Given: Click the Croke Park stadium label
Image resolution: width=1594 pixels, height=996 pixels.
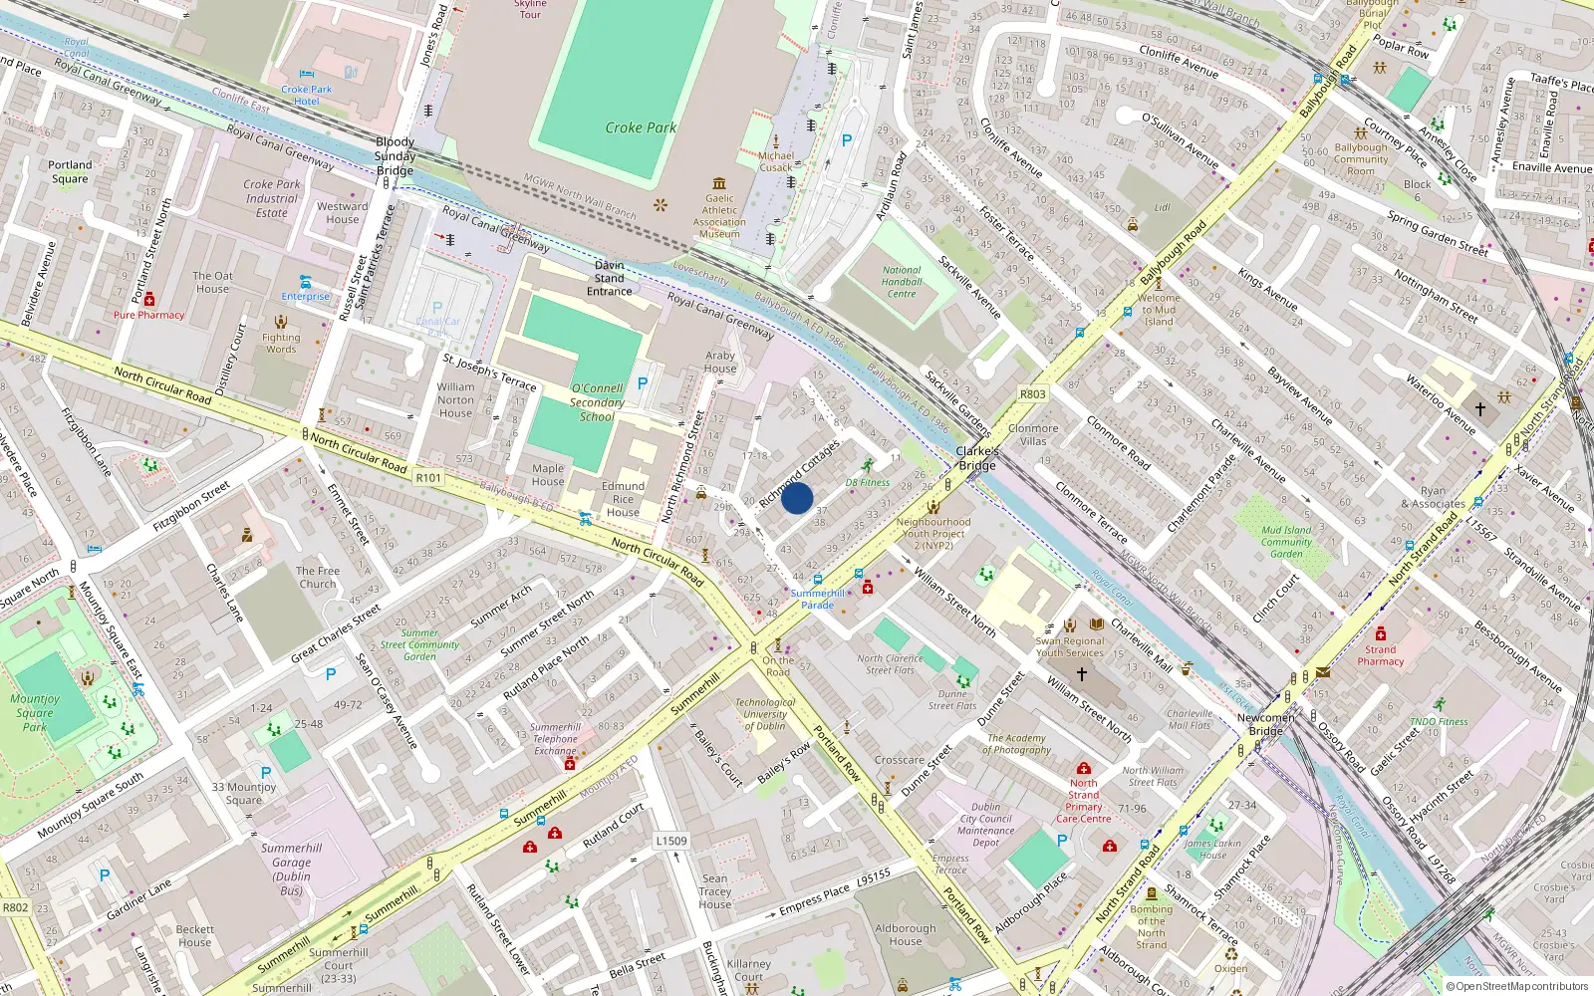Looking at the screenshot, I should point(641,127).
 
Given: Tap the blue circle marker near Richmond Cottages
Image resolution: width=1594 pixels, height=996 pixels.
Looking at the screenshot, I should point(797,498).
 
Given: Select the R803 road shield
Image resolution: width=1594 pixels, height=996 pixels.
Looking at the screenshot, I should point(1032,394).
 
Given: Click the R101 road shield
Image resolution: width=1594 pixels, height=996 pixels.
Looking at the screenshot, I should point(428,478).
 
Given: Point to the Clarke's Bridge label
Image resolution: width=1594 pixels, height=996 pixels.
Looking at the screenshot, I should point(976,458).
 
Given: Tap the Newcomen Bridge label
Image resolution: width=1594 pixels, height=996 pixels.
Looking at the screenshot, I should point(1266,724).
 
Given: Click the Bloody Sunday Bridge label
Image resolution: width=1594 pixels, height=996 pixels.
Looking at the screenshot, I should point(396,156).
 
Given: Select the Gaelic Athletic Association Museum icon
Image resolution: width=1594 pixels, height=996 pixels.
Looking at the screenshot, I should point(719,183).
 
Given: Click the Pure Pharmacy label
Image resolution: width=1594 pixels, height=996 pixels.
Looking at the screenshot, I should point(148,315).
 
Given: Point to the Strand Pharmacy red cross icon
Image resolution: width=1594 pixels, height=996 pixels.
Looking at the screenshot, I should point(1380,633).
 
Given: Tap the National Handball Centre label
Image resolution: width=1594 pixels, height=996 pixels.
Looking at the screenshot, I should point(902,282).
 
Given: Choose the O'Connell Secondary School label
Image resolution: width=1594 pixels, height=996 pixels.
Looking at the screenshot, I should point(597,402).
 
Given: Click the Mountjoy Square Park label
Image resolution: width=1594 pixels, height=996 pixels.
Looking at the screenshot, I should point(35,713).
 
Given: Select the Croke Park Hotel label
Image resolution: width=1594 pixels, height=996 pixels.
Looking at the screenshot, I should point(307,96).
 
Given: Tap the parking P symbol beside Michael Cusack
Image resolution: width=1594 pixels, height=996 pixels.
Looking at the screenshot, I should point(847,140).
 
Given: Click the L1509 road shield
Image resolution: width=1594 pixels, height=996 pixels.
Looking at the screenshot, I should point(671,841).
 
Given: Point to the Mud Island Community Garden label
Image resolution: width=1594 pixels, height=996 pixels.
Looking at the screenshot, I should point(1286,542).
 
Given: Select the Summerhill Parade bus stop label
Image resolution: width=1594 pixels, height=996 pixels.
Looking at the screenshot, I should point(818,599).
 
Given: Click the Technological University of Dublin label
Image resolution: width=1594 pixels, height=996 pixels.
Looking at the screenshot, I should point(765,714).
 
